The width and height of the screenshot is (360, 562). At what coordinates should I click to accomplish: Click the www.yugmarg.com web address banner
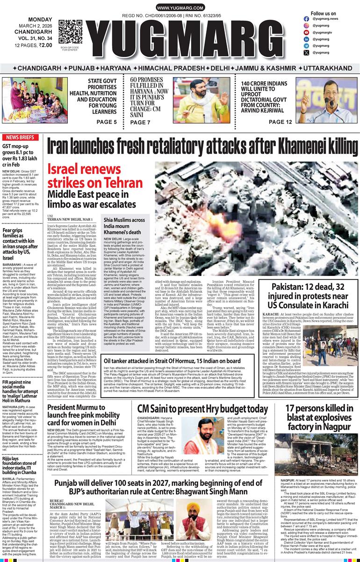tap(180, 8)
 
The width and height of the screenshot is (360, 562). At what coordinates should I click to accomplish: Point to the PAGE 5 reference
tap(107, 122)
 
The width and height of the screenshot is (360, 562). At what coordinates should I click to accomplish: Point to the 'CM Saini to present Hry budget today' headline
tap(202, 409)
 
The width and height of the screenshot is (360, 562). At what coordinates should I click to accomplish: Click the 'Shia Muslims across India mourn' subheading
tap(124, 225)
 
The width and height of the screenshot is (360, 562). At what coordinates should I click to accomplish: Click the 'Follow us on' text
tap(323, 14)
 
